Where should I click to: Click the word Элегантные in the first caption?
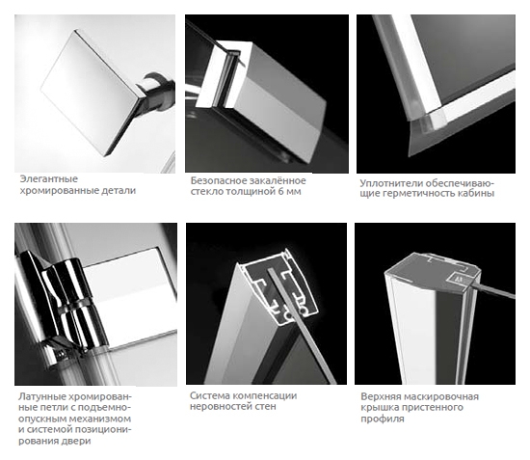(x=49, y=179)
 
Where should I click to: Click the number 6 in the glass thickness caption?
(x=280, y=192)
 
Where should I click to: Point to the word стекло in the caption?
(x=206, y=192)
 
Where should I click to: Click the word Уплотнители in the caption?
(x=391, y=183)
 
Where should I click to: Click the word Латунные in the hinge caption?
(x=41, y=396)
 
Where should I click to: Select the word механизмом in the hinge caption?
(x=99, y=419)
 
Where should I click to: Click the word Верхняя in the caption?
(x=381, y=396)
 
